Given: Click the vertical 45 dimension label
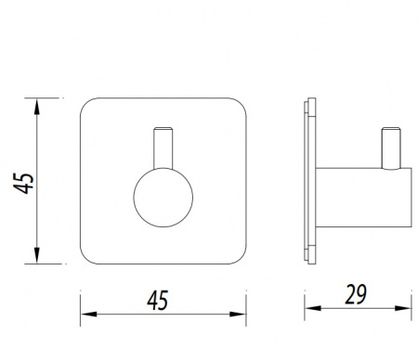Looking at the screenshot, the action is click(x=23, y=183).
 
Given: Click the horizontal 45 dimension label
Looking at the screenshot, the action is click(x=158, y=301).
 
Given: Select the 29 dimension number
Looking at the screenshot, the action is click(x=356, y=294).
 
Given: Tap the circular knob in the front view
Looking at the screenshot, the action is click(x=163, y=198).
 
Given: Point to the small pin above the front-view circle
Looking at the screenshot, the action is click(x=163, y=148).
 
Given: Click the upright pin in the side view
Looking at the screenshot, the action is click(x=391, y=148).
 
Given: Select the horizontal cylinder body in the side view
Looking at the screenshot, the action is click(x=363, y=198).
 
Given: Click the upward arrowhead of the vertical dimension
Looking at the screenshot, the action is click(x=37, y=107).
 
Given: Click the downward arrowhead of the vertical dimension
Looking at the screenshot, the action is click(x=37, y=255).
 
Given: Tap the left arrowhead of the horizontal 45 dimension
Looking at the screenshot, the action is click(x=88, y=315).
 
